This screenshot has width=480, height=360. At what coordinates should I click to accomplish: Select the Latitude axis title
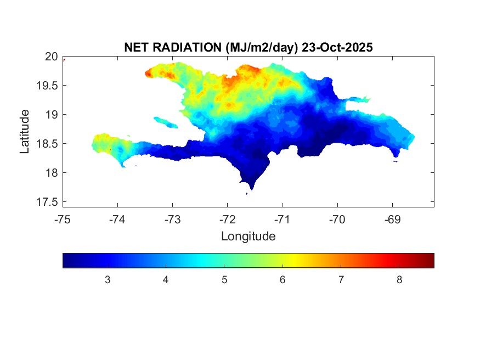coord(25,131)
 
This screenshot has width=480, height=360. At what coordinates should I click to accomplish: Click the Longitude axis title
coord(248,237)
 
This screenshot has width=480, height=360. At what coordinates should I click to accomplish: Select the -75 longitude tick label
coord(63,220)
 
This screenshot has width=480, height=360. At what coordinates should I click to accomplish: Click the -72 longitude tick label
coord(227,220)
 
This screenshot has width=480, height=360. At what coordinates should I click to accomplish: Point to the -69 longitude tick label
coord(392,220)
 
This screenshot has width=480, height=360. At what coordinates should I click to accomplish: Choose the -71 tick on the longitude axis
coord(283,220)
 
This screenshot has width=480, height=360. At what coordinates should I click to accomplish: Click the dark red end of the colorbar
coord(431,260)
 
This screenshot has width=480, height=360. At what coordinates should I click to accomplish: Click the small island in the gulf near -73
coord(165,122)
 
